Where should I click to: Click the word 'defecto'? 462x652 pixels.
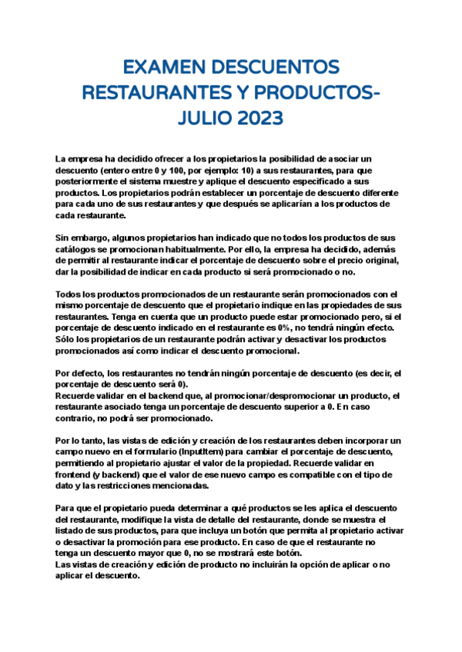[93, 374]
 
